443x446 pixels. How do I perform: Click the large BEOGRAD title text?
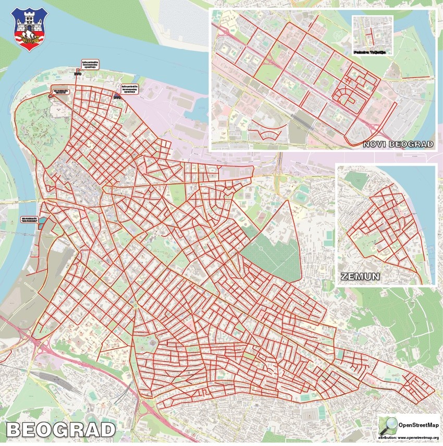point(60,429)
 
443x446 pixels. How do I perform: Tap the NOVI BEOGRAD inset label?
point(398,144)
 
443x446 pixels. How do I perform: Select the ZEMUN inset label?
point(359,276)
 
